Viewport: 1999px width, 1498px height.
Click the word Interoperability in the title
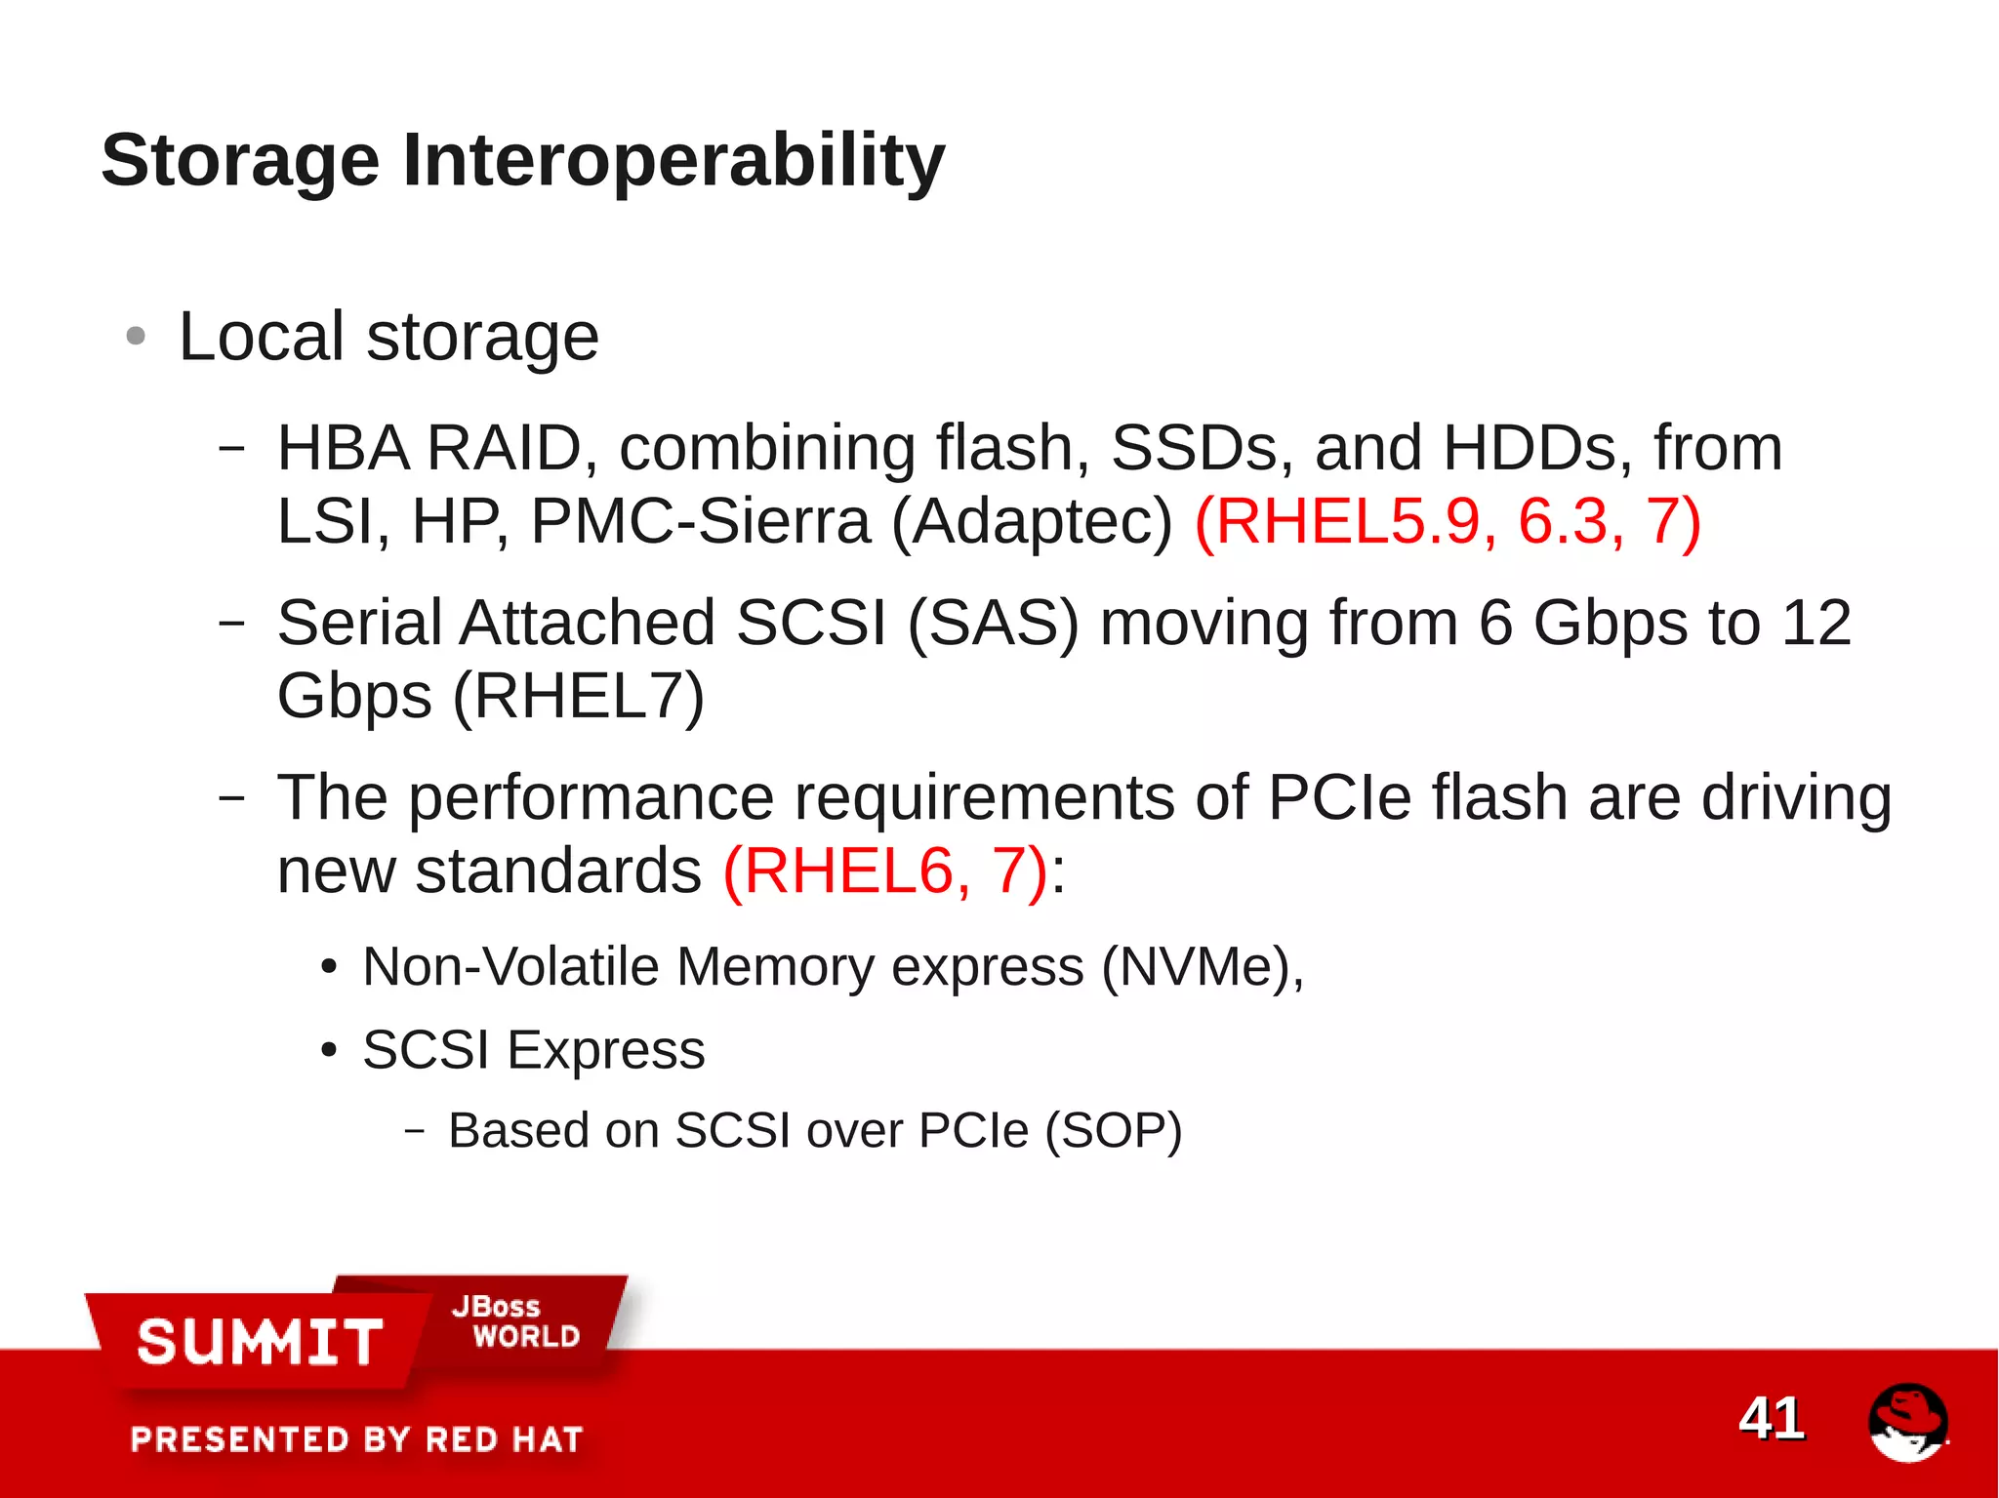[x=673, y=161]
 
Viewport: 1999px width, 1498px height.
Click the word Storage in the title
[x=240, y=161]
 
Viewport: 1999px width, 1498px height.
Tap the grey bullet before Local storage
[x=136, y=337]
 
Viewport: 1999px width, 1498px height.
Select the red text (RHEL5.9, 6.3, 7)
[x=1448, y=521]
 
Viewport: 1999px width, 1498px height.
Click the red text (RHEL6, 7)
[x=885, y=870]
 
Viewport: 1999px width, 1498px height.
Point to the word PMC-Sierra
[x=700, y=521]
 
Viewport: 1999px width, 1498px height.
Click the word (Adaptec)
[x=1033, y=521]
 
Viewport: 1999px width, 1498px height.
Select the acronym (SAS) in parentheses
[x=993, y=623]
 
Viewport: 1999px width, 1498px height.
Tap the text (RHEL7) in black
[x=578, y=696]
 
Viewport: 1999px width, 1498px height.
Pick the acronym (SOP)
[x=1113, y=1131]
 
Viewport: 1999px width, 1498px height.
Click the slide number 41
[x=1771, y=1418]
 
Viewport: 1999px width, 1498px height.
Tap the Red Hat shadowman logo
[x=1907, y=1422]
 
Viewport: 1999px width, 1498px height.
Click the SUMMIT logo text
[x=260, y=1342]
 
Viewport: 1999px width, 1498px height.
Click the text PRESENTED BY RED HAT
[x=356, y=1439]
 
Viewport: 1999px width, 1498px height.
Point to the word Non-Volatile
[x=510, y=967]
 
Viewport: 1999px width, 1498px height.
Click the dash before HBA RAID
[x=231, y=448]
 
